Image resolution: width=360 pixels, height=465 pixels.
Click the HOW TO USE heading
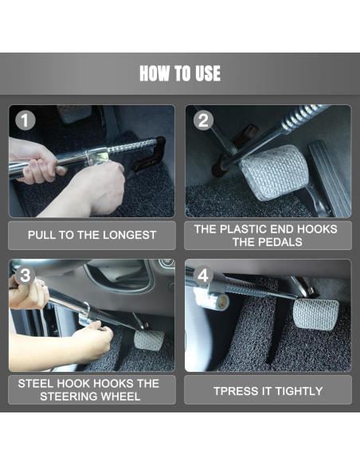click(180, 74)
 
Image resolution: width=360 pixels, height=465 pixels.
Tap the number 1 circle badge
click(26, 121)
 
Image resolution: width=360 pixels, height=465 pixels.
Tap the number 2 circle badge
click(204, 121)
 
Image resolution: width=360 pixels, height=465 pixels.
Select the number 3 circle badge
click(26, 275)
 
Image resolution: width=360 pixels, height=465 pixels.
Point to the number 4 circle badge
click(204, 275)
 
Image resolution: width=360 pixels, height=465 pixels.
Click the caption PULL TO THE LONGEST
click(92, 236)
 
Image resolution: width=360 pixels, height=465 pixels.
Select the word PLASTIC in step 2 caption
click(243, 229)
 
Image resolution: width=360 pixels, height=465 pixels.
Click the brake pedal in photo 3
click(149, 340)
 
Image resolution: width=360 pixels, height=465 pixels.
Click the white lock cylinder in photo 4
click(213, 299)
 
